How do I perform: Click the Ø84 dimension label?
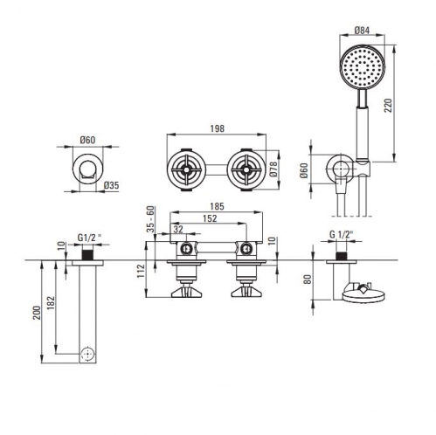pos(362,31)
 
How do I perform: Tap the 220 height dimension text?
pos(389,106)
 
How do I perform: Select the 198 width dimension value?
pos(217,128)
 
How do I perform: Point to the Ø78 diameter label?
pos(273,169)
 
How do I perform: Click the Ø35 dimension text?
pos(111,185)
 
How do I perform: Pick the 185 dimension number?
pos(217,206)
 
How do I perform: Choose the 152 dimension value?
pos(210,218)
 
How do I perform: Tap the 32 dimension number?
pos(178,229)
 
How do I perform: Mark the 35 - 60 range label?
pos(150,218)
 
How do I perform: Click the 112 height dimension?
pos(141,271)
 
